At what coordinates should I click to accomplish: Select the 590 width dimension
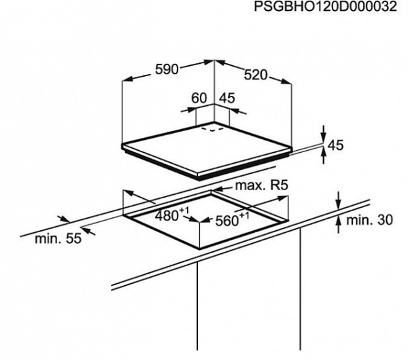tap(165, 69)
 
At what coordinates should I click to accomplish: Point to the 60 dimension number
tap(199, 98)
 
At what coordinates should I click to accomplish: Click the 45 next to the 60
tap(227, 98)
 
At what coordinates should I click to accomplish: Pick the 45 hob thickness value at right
tap(335, 145)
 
